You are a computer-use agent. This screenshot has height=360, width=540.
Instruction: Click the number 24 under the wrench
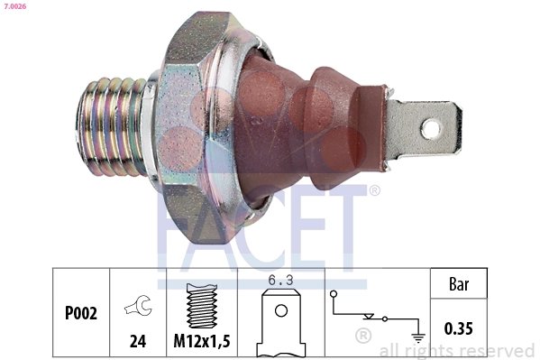[x=138, y=341]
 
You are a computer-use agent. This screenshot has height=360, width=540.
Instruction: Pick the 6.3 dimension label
[x=281, y=281]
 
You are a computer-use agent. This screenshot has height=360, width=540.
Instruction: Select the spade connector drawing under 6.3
[x=281, y=325]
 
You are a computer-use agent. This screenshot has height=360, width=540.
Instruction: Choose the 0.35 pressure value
[x=461, y=328]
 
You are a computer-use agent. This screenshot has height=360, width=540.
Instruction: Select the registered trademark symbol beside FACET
[x=375, y=190]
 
